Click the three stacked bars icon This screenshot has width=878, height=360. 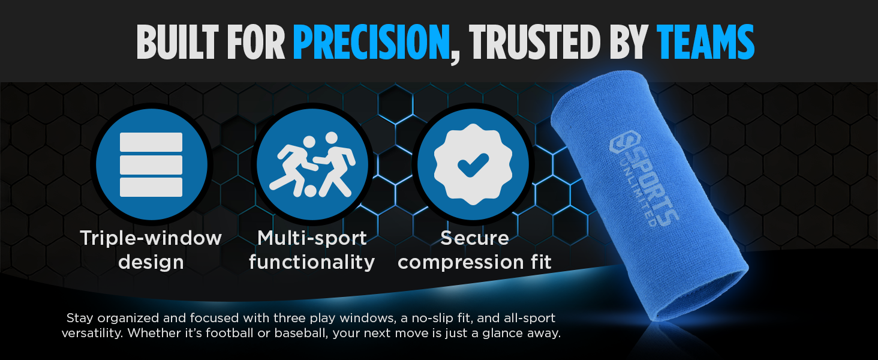[151, 164]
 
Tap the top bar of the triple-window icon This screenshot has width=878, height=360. [151, 142]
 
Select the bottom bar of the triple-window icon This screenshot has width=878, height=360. [151, 187]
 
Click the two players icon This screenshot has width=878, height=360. [312, 164]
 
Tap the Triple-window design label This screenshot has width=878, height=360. [151, 250]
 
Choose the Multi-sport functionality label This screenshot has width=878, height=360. [312, 250]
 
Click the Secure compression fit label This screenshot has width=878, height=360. [474, 250]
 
